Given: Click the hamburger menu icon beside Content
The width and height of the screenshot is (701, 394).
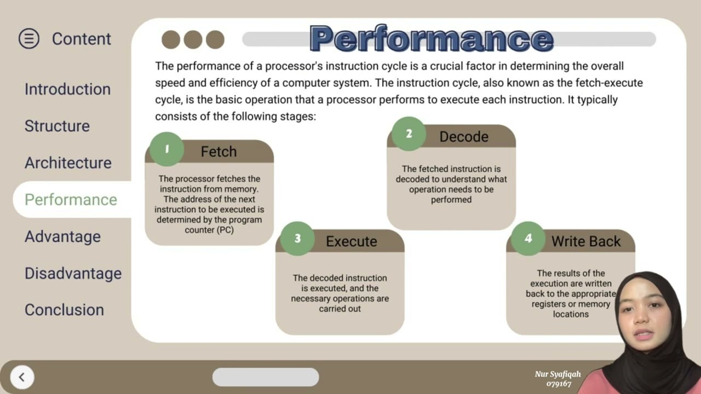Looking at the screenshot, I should pyautogui.click(x=29, y=39).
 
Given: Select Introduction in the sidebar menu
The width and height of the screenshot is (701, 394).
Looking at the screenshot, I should pyautogui.click(x=67, y=89).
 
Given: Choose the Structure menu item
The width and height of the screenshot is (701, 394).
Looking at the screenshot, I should pyautogui.click(x=57, y=126).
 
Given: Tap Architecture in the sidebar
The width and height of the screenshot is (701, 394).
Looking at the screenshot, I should pyautogui.click(x=68, y=163).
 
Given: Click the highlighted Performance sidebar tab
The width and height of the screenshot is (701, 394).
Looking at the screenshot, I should pyautogui.click(x=71, y=200).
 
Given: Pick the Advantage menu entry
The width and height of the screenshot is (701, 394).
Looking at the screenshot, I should pyautogui.click(x=62, y=236).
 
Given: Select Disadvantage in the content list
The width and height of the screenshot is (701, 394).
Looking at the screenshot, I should pyautogui.click(x=73, y=273).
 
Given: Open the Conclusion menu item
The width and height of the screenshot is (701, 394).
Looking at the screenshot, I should pyautogui.click(x=64, y=310).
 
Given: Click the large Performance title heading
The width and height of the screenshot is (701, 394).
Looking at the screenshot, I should pyautogui.click(x=432, y=39).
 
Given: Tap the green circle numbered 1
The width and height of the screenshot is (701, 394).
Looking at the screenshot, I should pyautogui.click(x=166, y=149).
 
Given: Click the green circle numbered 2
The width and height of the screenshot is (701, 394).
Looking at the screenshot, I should pyautogui.click(x=409, y=134).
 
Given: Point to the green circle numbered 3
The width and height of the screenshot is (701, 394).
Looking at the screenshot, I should pyautogui.click(x=297, y=238).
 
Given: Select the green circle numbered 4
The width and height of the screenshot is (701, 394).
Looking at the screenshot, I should pyautogui.click(x=528, y=238).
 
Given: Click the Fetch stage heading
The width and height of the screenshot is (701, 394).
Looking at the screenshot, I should pyautogui.click(x=219, y=152).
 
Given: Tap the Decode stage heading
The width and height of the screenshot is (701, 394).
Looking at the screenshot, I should pyautogui.click(x=464, y=137).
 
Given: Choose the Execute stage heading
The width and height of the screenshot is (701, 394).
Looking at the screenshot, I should pyautogui.click(x=352, y=241).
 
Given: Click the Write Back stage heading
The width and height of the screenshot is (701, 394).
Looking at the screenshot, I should pyautogui.click(x=586, y=241).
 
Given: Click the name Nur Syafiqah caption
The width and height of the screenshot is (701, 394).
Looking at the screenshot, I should pyautogui.click(x=558, y=374).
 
